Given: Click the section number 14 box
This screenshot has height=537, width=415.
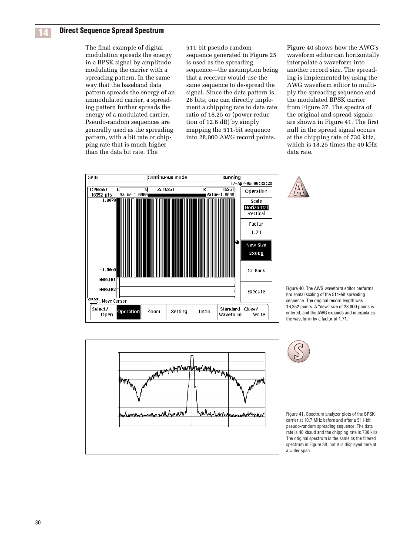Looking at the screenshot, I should click(x=43, y=33).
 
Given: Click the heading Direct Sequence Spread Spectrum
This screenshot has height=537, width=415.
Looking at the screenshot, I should click(x=111, y=30).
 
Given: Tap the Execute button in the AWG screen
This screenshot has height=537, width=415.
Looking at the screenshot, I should click(x=256, y=292).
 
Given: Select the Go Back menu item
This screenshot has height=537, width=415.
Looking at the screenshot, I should click(x=256, y=270).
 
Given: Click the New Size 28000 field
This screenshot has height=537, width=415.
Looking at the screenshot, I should click(x=256, y=250).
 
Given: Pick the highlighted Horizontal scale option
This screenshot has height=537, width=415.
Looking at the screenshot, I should click(x=256, y=207).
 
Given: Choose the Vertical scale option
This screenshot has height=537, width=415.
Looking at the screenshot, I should click(x=256, y=213).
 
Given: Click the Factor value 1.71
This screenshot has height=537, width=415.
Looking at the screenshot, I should click(x=256, y=232).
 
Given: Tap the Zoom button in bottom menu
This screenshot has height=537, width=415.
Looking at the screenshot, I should click(x=154, y=311).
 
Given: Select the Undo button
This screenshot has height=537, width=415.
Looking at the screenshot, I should click(x=204, y=311).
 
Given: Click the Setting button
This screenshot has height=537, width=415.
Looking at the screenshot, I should click(x=179, y=311).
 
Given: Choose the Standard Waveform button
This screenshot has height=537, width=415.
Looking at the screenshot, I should click(x=230, y=312).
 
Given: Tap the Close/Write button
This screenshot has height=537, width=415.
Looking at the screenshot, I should click(x=255, y=312).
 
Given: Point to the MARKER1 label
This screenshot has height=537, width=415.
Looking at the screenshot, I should click(x=107, y=280).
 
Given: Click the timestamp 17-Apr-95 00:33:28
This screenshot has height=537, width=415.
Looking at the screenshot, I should click(x=251, y=183).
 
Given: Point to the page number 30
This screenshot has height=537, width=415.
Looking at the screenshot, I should click(x=38, y=522).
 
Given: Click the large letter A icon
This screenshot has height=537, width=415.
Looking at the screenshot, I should click(x=298, y=187).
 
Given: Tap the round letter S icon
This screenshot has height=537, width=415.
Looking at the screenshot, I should click(x=298, y=352).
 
